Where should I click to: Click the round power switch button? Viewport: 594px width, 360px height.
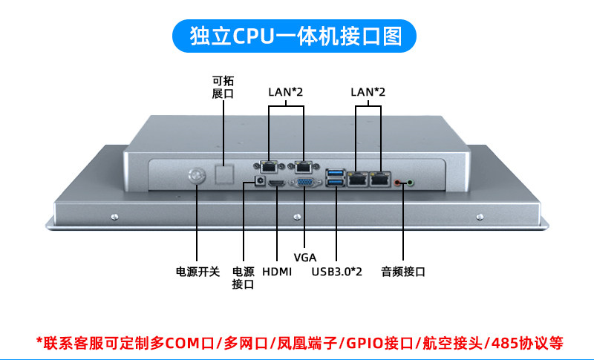coord(197,176)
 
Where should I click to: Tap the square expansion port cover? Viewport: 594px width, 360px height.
coord(223,173)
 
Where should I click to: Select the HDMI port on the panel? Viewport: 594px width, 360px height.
coord(276,182)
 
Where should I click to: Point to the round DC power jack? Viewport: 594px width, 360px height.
coord(260,180)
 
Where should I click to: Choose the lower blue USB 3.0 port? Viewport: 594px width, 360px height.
coord(336,183)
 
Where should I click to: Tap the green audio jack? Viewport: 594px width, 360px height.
coord(409,181)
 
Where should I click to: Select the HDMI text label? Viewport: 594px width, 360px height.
coord(277,272)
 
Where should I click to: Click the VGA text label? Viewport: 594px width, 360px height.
coord(304,258)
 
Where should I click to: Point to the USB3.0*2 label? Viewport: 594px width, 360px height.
coord(336,272)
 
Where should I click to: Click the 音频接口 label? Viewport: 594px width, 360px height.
coord(403,272)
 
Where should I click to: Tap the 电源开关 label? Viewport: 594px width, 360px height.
coord(198,272)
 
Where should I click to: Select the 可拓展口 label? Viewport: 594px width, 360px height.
coord(223,88)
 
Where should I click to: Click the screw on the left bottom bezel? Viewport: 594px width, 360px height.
coord(114,217)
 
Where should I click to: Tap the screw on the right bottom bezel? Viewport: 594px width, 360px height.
coord(480,217)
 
